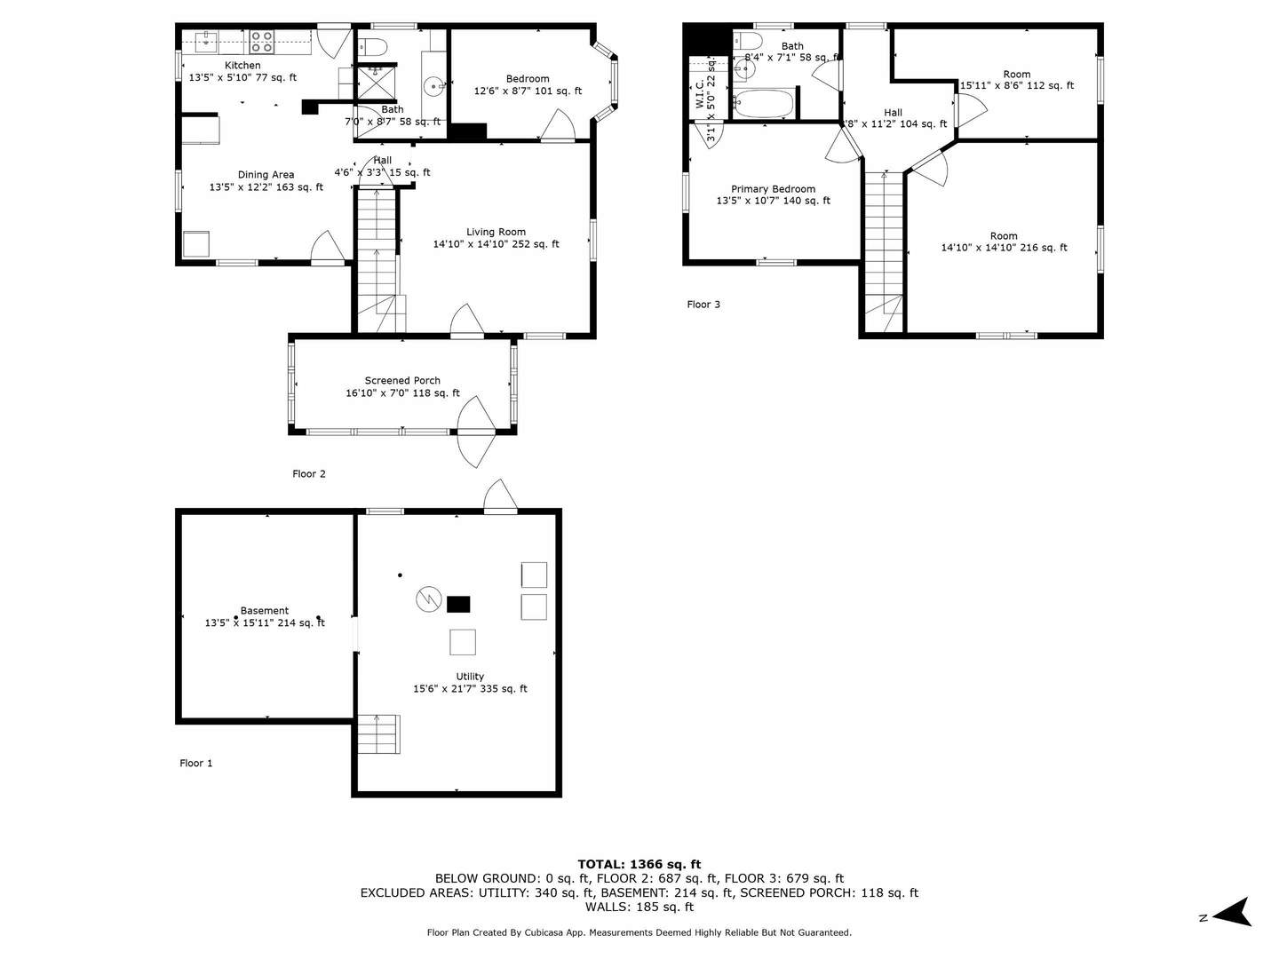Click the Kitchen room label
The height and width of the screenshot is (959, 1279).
click(242, 66)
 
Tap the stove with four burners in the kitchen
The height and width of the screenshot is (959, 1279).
click(261, 41)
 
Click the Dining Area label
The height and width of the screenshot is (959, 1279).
click(266, 175)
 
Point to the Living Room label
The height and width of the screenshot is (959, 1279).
click(496, 232)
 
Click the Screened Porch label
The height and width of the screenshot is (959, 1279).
click(402, 380)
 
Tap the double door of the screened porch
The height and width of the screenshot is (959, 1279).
click(475, 432)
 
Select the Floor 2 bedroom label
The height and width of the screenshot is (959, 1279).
click(528, 79)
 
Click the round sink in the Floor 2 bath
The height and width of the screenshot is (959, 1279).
click(433, 86)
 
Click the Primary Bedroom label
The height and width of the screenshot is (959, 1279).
click(773, 189)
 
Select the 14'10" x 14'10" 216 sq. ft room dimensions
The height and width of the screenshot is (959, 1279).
click(1004, 248)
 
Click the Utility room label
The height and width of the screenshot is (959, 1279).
click(470, 677)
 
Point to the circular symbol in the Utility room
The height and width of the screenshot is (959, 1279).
click(428, 599)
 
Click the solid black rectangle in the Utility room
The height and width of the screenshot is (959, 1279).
click(458, 605)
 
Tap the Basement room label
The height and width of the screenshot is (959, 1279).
click(265, 611)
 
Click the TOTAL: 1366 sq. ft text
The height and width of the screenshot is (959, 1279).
click(639, 864)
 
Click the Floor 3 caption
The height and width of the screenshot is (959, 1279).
click(703, 305)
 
